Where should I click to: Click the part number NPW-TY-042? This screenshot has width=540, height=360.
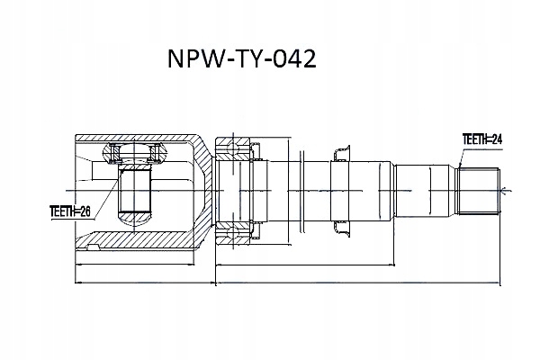[241, 58]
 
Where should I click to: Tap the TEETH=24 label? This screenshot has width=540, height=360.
[481, 139]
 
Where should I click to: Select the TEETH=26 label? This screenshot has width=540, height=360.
[70, 211]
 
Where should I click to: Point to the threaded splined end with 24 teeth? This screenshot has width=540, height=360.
[478, 191]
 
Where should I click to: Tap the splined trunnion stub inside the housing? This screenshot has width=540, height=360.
[135, 190]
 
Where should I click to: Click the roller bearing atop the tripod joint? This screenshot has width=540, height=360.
[135, 153]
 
